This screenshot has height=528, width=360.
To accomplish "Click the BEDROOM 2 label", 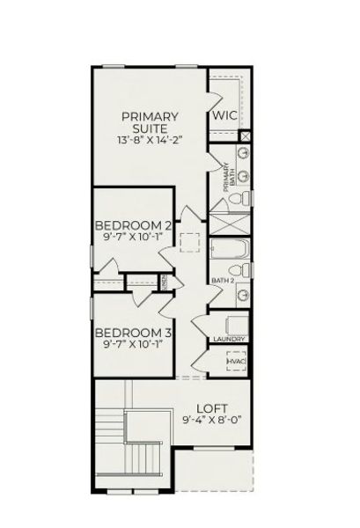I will tap(132, 224).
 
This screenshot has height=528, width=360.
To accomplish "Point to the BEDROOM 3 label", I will tap(132, 333).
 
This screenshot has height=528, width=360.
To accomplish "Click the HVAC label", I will tap(235, 361).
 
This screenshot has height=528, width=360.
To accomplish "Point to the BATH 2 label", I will tap(222, 281).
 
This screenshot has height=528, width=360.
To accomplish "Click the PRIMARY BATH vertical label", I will tap(226, 180).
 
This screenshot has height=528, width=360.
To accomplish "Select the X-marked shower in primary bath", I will tap(230, 224).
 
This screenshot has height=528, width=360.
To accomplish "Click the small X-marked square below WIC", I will tap(246, 136).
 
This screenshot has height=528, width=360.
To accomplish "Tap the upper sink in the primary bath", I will tap(242, 150).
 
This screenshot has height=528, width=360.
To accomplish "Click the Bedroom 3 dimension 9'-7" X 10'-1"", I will tap(132, 346).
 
